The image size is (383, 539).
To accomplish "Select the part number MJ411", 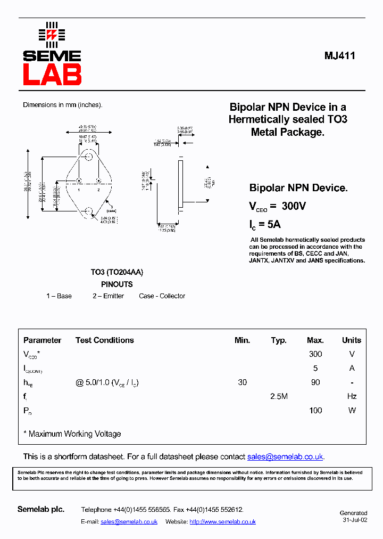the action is point(340,56).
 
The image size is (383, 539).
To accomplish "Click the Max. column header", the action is point(315,340).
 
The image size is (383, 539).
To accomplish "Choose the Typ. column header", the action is point(279,340).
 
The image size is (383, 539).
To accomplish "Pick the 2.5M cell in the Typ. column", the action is point(279,396).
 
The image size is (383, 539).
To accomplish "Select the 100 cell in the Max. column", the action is point(315,410).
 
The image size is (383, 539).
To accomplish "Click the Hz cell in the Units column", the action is point(351,396).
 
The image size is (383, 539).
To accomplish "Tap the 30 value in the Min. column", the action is point(243,382).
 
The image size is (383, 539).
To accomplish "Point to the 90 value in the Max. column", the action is point(315,382).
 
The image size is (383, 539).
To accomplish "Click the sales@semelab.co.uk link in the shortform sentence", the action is point(285,457).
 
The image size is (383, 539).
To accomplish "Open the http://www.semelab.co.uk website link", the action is point(222,522).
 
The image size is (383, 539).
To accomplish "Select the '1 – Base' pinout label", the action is point(59,296).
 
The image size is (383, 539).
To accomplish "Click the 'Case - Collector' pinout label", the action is point(162,296).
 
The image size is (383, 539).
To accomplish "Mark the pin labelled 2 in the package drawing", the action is point(98,181).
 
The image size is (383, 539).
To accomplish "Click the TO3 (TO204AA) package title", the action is point(116,272).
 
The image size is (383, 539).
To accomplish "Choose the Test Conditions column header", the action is point(105,340).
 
